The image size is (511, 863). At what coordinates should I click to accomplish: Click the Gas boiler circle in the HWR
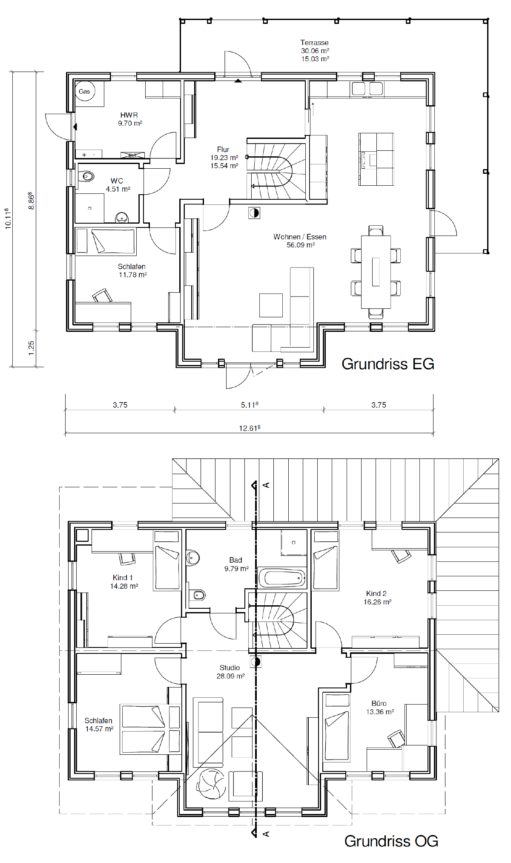point(85,91)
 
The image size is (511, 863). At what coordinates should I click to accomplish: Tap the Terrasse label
point(314,43)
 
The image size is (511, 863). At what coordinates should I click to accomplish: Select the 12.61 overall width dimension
point(250,428)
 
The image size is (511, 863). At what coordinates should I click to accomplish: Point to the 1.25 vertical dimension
point(31,348)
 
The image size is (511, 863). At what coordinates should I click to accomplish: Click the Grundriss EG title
point(388,364)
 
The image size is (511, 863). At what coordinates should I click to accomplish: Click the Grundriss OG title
point(391,841)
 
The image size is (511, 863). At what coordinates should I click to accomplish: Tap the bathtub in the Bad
point(282,578)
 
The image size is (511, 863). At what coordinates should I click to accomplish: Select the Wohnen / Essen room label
point(300,237)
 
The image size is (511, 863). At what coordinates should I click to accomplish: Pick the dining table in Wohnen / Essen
point(376,272)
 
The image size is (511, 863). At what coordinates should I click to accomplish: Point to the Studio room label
point(230,667)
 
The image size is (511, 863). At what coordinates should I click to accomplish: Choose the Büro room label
point(379,703)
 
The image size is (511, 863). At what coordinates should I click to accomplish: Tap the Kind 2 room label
point(376,593)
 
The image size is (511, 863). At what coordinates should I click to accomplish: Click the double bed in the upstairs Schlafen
point(150,729)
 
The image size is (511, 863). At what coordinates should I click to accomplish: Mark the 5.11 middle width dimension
point(250,405)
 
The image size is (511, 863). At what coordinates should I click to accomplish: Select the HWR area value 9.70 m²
point(130,123)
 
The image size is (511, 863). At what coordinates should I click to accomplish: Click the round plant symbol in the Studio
point(210,784)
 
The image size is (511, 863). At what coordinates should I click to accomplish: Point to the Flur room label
point(223,150)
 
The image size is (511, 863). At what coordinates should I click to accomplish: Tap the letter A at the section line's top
point(266,485)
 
